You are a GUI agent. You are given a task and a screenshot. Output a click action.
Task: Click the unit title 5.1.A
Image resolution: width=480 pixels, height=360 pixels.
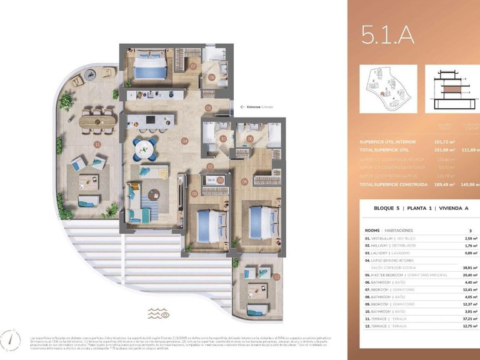(x=387, y=36)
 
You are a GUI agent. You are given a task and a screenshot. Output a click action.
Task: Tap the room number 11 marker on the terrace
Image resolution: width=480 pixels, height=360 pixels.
(x=96, y=144)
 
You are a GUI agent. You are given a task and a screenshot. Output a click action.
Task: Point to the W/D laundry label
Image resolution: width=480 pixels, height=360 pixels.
(x=211, y=180)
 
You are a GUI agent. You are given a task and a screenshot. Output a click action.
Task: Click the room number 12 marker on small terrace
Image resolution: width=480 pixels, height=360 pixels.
(x=276, y=277)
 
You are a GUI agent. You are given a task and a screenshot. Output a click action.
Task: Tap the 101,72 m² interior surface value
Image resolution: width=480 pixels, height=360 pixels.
(x=444, y=142)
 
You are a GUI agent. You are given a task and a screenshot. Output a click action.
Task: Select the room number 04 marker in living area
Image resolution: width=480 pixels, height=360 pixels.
(x=184, y=141)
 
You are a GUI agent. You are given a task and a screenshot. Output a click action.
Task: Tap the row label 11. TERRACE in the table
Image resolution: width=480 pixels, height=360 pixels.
(x=382, y=318)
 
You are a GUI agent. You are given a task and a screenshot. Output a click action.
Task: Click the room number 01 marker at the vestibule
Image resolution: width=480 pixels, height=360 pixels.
(x=209, y=107)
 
